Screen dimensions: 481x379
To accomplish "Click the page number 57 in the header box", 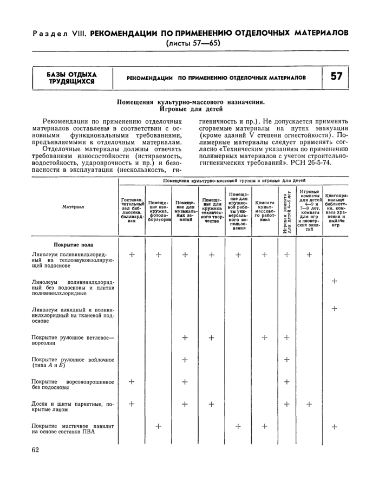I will point(336,76).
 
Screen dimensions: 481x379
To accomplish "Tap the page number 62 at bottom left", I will point(35,450).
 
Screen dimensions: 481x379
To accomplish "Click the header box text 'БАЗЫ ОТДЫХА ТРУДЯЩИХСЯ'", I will point(71,77).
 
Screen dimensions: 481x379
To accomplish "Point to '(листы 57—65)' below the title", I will point(193,43).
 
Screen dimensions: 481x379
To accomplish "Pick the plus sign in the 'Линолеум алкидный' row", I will point(335,309).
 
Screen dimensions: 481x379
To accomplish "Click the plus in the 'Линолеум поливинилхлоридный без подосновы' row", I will point(335,281).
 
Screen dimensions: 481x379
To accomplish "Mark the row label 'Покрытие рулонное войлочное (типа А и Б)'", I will point(73,362).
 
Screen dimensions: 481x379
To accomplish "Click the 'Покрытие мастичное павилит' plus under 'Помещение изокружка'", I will point(159,426).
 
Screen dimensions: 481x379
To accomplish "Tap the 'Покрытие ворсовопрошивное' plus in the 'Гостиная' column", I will point(132,382).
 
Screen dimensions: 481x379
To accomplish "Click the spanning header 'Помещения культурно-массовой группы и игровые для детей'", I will point(234,179).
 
